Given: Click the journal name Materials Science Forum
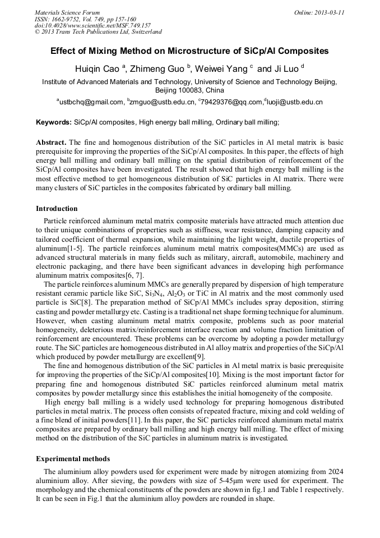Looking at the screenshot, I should (x=67, y=12).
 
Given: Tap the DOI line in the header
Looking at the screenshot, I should (x=92, y=25).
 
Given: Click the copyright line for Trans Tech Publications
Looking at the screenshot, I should (x=98, y=32).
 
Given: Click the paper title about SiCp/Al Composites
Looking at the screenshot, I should (x=189, y=51).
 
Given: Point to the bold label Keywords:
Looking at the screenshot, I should (x=54, y=122).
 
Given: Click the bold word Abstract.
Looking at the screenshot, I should (x=51, y=143).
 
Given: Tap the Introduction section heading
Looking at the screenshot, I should (x=57, y=209).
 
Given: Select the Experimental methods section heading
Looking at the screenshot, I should (x=73, y=458).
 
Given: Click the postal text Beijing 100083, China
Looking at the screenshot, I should (x=189, y=90).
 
